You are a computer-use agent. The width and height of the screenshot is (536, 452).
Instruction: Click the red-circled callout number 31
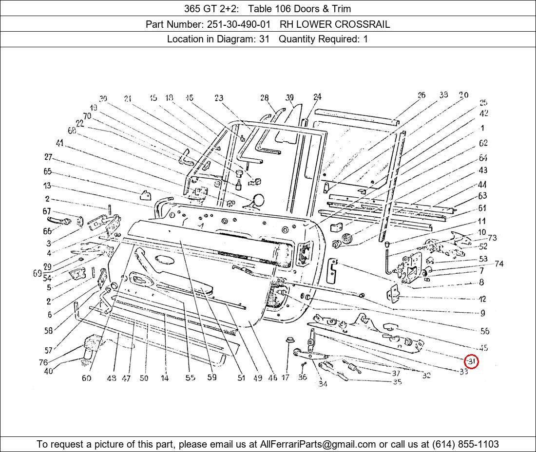click(x=471, y=362)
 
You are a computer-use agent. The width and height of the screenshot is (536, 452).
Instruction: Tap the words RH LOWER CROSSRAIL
click(x=335, y=24)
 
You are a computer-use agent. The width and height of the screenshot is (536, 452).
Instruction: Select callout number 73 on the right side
click(x=492, y=238)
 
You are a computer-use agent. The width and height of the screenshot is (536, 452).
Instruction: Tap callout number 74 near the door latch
click(x=498, y=264)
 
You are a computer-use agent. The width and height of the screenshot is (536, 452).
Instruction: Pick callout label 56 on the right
click(x=484, y=331)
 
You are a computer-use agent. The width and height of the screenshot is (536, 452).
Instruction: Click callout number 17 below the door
click(x=286, y=377)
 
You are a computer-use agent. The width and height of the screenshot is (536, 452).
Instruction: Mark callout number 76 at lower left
click(x=43, y=362)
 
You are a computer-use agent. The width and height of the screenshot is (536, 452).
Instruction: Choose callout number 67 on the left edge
click(x=47, y=211)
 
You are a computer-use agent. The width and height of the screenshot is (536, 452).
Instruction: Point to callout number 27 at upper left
click(x=48, y=157)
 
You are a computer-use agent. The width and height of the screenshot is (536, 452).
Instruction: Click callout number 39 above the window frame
click(x=290, y=98)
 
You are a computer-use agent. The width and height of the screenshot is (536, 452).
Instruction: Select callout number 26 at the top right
click(x=421, y=95)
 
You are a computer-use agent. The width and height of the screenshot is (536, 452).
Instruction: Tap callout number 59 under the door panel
click(x=211, y=377)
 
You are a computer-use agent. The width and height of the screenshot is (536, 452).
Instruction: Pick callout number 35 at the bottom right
click(x=397, y=382)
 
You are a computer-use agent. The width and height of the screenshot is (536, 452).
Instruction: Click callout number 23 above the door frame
click(x=219, y=98)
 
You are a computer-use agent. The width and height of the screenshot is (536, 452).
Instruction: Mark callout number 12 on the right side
click(x=482, y=299)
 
